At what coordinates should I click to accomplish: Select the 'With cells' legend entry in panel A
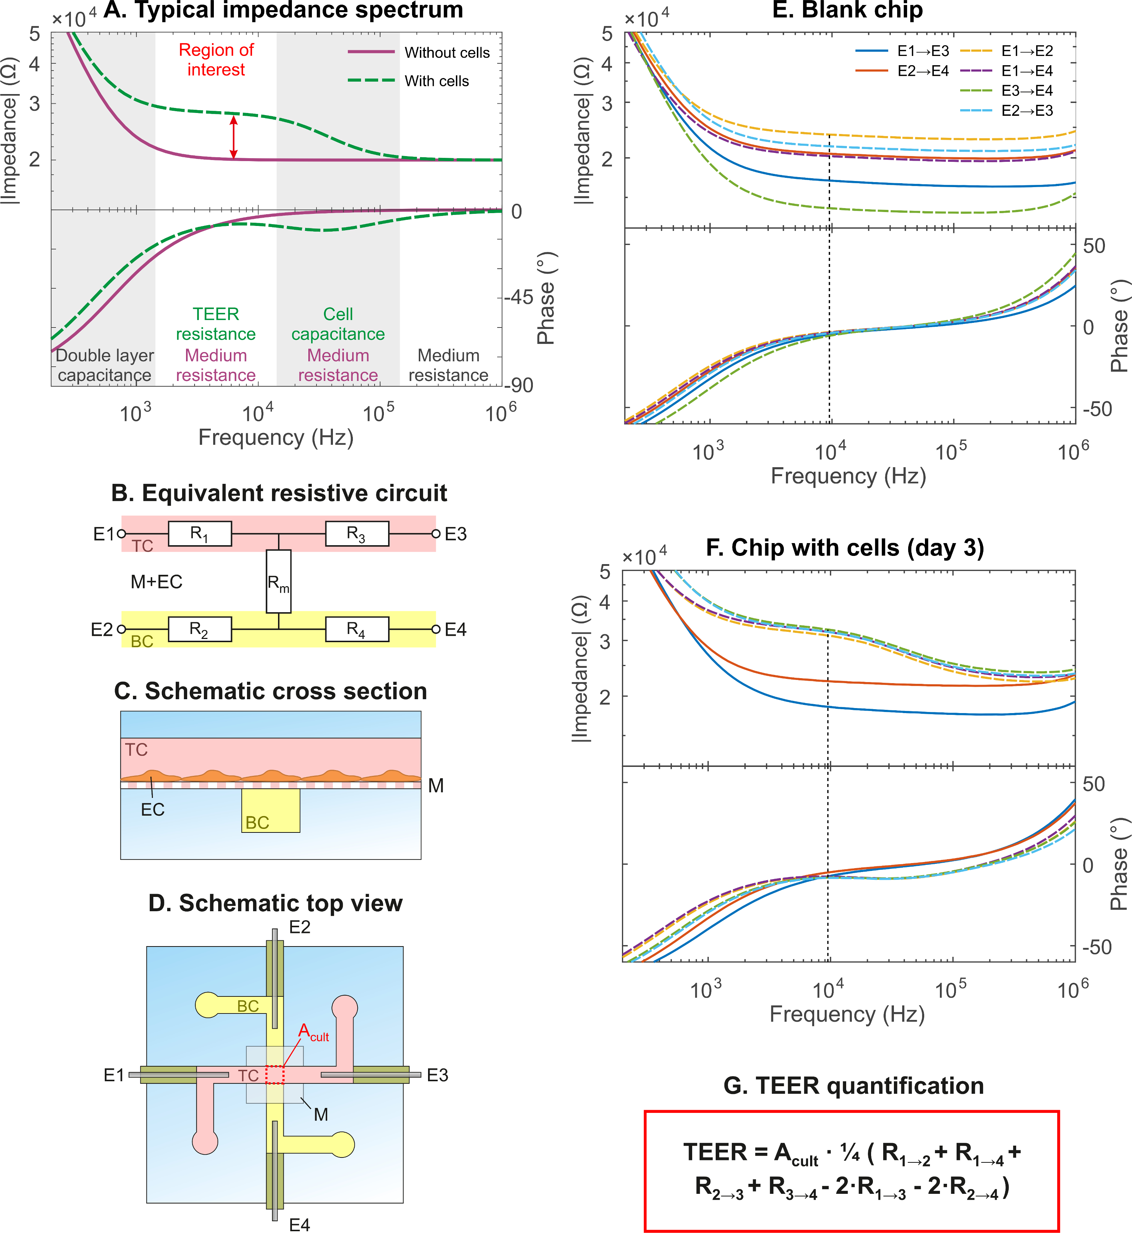[436, 81]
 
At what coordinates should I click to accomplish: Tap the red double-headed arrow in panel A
[233, 137]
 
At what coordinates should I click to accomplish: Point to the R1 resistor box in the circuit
[200, 533]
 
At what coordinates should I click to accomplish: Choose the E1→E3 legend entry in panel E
[922, 51]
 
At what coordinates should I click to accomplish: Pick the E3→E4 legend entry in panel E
[1026, 91]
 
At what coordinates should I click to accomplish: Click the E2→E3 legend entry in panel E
[1026, 110]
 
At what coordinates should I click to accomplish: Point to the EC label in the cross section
[153, 810]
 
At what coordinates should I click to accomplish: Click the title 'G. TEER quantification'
[853, 1085]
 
